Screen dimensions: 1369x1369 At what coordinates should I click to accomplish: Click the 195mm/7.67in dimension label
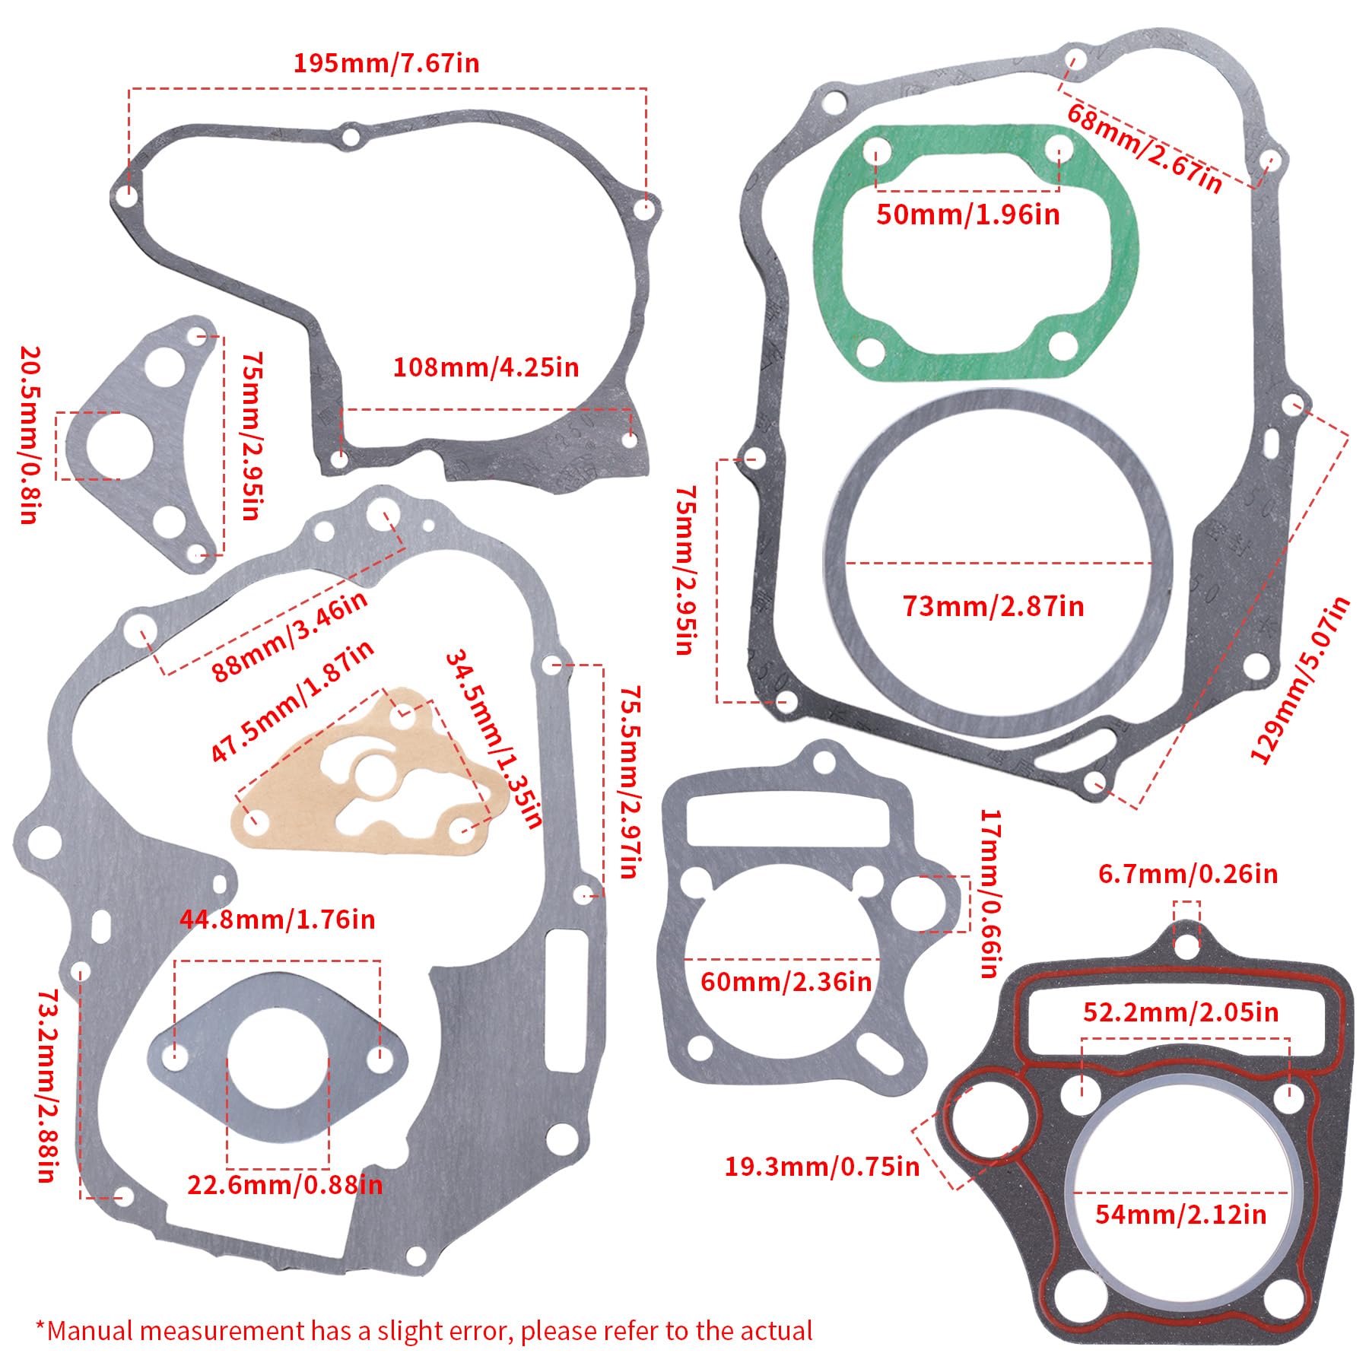point(386,62)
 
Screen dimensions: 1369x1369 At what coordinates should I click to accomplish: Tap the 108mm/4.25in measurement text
point(485,367)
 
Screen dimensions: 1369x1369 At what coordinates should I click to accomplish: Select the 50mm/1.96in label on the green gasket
point(967,214)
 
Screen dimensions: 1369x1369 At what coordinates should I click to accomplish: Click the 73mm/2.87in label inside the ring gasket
point(993,606)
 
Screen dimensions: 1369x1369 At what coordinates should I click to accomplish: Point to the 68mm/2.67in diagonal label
point(1145,148)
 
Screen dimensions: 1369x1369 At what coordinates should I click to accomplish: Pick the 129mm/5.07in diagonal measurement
point(1301,679)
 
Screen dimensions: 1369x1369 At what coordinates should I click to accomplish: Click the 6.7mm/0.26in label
point(1188,874)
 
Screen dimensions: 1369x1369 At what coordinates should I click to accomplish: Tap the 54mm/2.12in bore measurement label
point(1180,1214)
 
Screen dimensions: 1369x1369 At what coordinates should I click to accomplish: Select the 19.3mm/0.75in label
point(821,1167)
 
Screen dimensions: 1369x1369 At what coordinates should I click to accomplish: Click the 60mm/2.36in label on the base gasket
point(786,981)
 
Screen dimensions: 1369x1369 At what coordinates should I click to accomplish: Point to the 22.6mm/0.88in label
point(284,1184)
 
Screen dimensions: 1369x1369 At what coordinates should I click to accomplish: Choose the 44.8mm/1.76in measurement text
point(277,920)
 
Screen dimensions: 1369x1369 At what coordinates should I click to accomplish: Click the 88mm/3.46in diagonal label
point(289,636)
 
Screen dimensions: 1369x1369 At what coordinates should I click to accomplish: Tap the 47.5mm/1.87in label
point(291,700)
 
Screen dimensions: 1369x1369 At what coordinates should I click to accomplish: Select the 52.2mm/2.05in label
point(1180,1012)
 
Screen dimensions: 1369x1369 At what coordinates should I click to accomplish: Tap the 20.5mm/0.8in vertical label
point(28,435)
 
